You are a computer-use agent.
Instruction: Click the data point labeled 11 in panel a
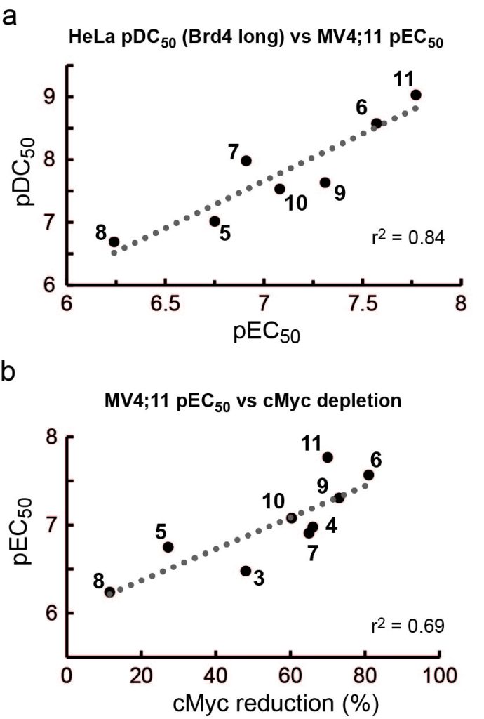pyautogui.click(x=415, y=95)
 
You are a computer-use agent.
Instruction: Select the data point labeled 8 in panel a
pyautogui.click(x=114, y=242)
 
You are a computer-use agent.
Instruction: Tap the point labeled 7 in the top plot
pyautogui.click(x=246, y=161)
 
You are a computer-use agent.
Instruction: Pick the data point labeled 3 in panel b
pyautogui.click(x=246, y=571)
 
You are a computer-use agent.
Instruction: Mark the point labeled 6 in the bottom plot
pyautogui.click(x=368, y=475)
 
